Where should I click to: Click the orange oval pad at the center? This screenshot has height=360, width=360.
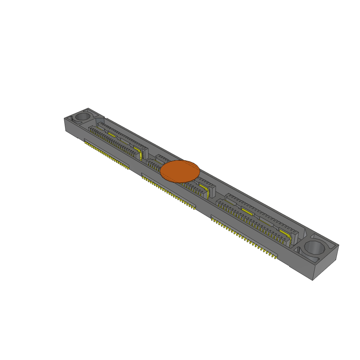click(180, 171)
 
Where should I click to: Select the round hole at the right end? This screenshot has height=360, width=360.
click(315, 247)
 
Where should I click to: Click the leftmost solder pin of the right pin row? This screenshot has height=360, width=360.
click(212, 220)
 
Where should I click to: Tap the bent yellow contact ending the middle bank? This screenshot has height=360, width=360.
click(208, 193)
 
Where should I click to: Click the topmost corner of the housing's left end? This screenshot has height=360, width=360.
click(88, 108)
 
